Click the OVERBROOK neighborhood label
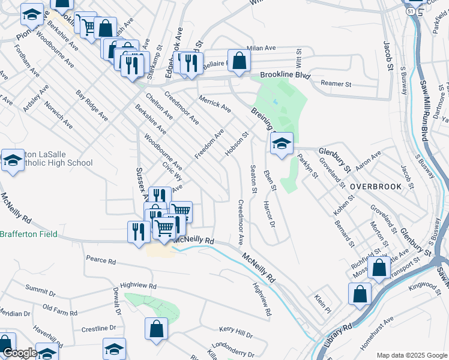tap(376, 187)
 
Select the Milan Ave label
tap(262, 48)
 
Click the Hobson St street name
tap(236, 145)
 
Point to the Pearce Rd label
tap(100, 261)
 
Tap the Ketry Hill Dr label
tap(236, 330)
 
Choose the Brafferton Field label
tap(28, 234)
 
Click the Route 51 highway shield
tap(409, 11)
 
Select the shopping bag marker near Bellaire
tap(239, 60)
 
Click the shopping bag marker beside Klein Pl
tap(360, 293)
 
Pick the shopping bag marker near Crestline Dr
tap(156, 328)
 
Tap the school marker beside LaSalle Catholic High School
tap(12, 160)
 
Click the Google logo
tap(20, 353)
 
